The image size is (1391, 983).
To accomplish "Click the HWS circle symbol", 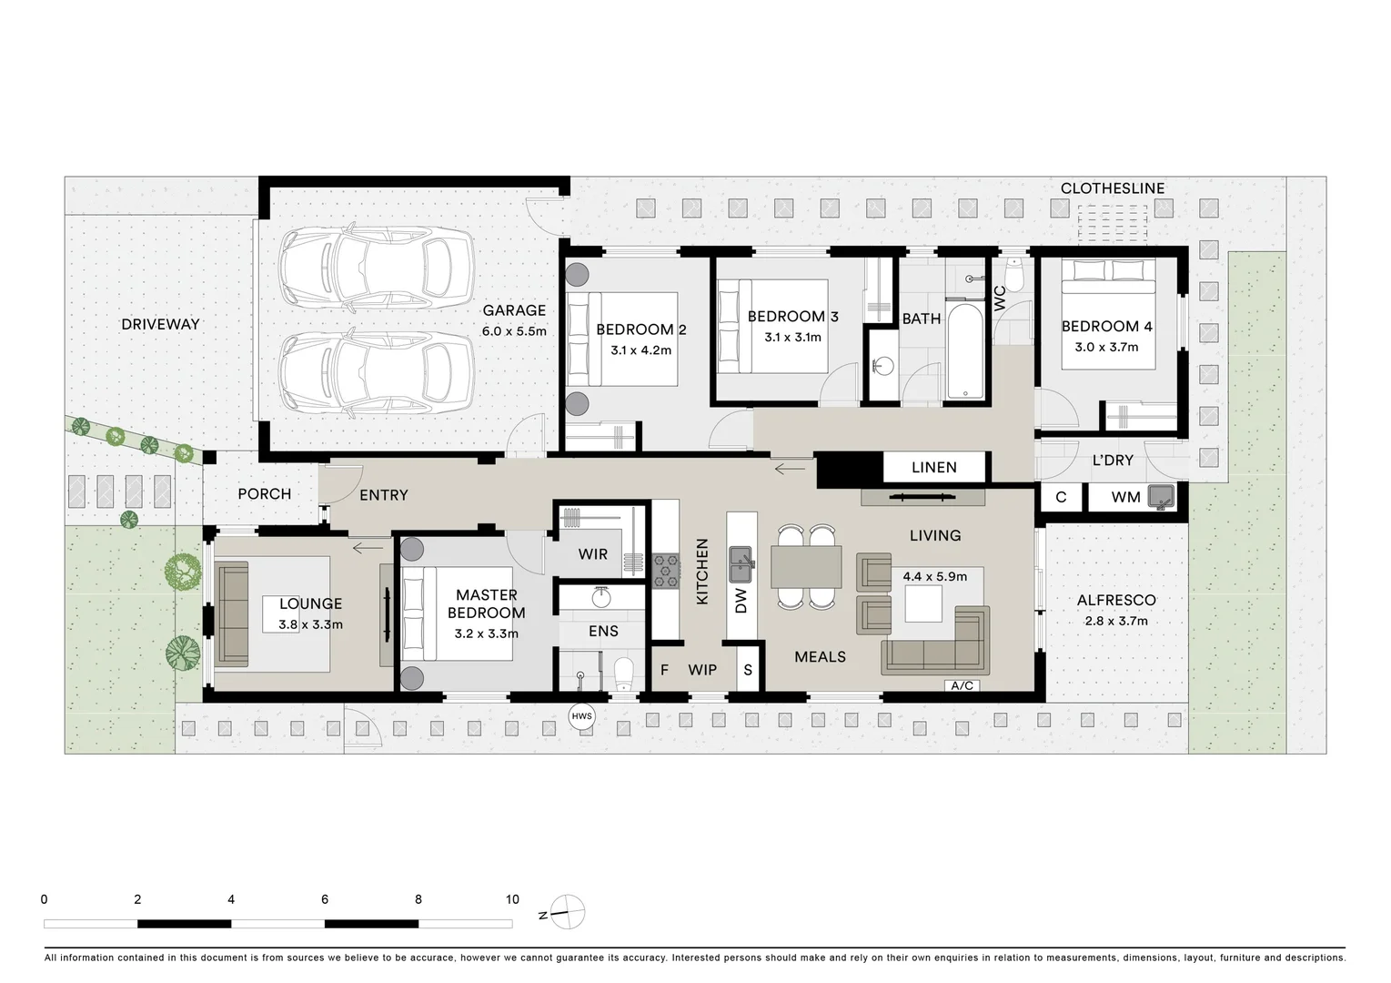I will coord(581,716).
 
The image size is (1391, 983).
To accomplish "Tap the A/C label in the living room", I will coord(963,685).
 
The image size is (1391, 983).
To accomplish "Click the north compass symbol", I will coord(567,912).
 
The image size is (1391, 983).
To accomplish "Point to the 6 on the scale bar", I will coord(325,899).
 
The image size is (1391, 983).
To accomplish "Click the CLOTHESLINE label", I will coord(1112,188).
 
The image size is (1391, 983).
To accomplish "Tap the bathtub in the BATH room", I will coord(964,351).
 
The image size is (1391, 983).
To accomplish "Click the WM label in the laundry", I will coord(1125,497).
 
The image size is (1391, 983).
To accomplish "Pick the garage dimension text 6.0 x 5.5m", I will coord(514,331).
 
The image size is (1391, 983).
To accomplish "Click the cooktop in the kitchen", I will coord(666,571).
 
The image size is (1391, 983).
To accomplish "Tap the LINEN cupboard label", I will coord(933,467).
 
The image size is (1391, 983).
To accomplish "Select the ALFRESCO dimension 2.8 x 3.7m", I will coord(1116,622).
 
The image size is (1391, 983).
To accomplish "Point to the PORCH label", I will coord(264,493).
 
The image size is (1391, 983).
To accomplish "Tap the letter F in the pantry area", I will coord(664,670).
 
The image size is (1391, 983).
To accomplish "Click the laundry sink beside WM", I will coord(1161,497).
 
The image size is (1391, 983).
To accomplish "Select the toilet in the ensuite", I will coord(623,674).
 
